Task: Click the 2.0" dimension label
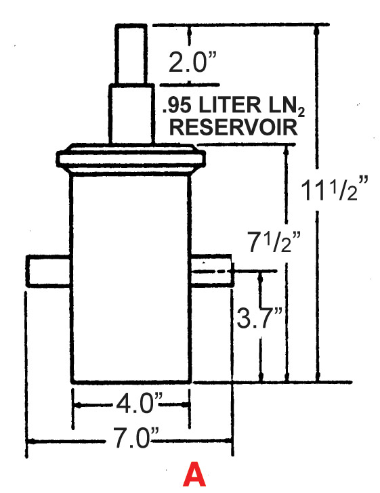click(x=192, y=62)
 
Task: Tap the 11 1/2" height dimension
click(x=334, y=189)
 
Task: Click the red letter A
click(x=194, y=474)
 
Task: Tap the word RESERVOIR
click(x=234, y=127)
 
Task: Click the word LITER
click(x=230, y=105)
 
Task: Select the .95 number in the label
click(x=177, y=106)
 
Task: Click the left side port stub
click(x=49, y=271)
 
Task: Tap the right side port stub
click(x=212, y=270)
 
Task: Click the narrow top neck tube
click(x=131, y=54)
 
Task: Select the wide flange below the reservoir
click(x=131, y=159)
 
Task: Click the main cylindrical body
click(x=131, y=279)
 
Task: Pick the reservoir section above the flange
click(x=131, y=114)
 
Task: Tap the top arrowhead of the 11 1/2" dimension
click(x=318, y=30)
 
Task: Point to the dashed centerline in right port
click(x=213, y=271)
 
